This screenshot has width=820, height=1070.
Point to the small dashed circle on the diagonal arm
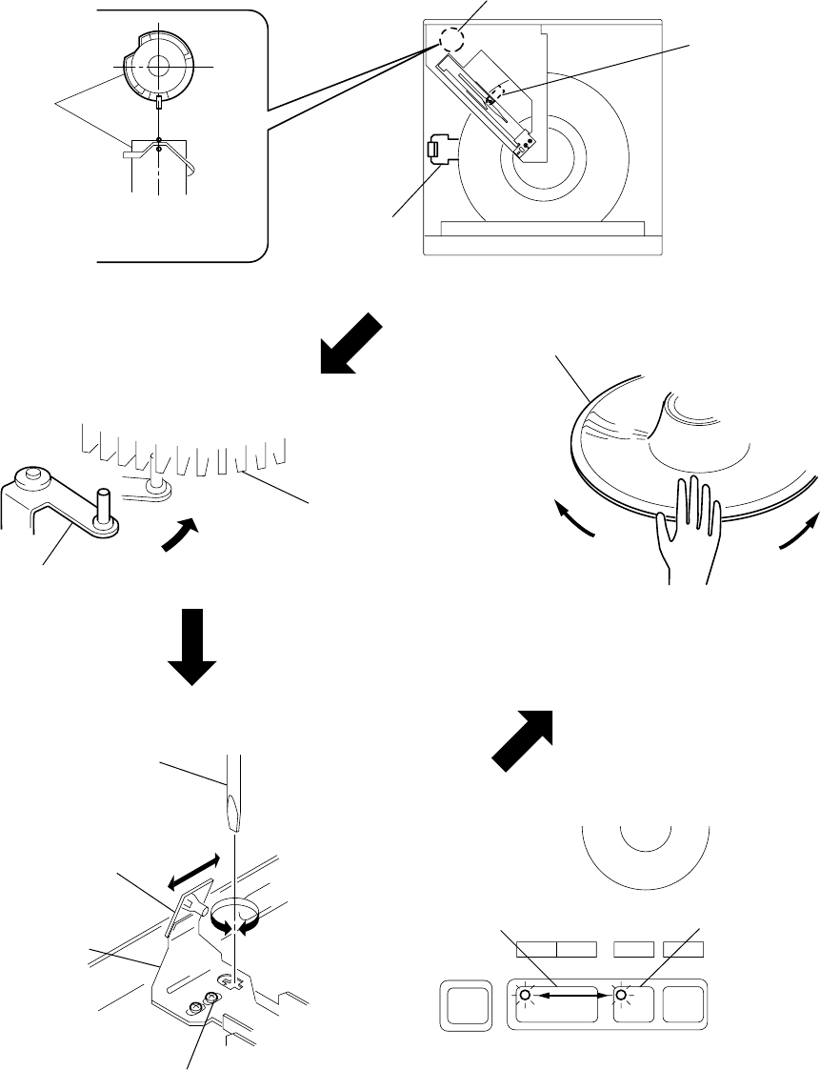[x=494, y=100]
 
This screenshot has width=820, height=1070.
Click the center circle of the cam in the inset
[x=159, y=66]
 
